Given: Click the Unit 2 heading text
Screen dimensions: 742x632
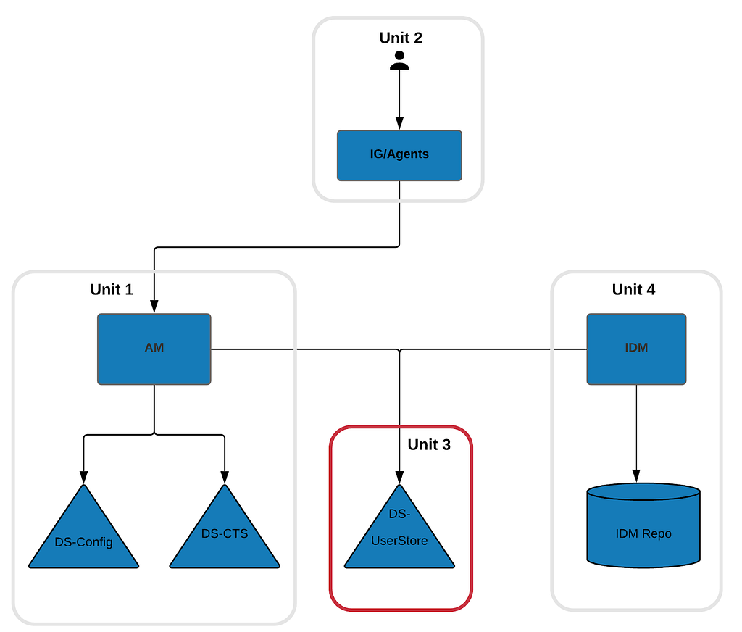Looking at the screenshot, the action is click(x=400, y=38).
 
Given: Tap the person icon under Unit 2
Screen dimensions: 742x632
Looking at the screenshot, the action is click(x=399, y=60).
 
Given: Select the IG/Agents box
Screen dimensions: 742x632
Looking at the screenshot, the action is click(x=399, y=155).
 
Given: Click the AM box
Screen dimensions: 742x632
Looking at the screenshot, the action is click(x=154, y=349).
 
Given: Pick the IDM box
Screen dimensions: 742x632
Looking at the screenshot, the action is click(x=636, y=349).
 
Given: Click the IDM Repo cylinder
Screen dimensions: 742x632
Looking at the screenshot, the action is click(x=643, y=525).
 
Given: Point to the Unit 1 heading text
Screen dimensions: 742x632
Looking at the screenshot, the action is click(x=112, y=289).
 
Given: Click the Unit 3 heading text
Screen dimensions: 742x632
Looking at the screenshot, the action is click(x=429, y=444).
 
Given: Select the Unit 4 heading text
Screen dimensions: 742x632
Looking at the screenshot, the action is click(x=633, y=289).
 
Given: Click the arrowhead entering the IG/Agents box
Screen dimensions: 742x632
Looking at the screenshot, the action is click(x=399, y=123).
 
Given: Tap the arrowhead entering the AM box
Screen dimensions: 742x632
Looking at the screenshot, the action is click(x=154, y=307).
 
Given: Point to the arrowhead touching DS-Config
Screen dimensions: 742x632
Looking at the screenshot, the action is click(x=84, y=478).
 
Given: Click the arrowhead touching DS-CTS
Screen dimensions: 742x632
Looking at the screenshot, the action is click(x=225, y=478).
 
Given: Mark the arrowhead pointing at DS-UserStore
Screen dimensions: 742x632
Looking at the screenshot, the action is click(x=399, y=478).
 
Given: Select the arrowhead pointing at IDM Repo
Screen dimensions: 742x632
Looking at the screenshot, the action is click(x=636, y=476).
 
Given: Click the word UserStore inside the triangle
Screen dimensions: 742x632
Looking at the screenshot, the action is click(x=399, y=541).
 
